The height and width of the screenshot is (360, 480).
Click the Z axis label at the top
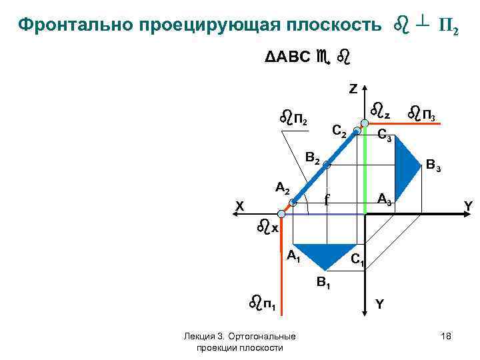pos(353,88)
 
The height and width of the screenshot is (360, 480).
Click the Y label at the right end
pos(469,207)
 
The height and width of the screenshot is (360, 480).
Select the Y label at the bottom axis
pos(379,303)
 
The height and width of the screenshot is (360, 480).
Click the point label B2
pos(313,159)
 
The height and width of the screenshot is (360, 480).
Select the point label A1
pos(293,255)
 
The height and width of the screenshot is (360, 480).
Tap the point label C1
pos(357,259)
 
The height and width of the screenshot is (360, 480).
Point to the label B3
pos(433,164)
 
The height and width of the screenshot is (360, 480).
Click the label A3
pos(385,199)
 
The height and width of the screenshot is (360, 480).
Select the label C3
pos(385,136)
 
